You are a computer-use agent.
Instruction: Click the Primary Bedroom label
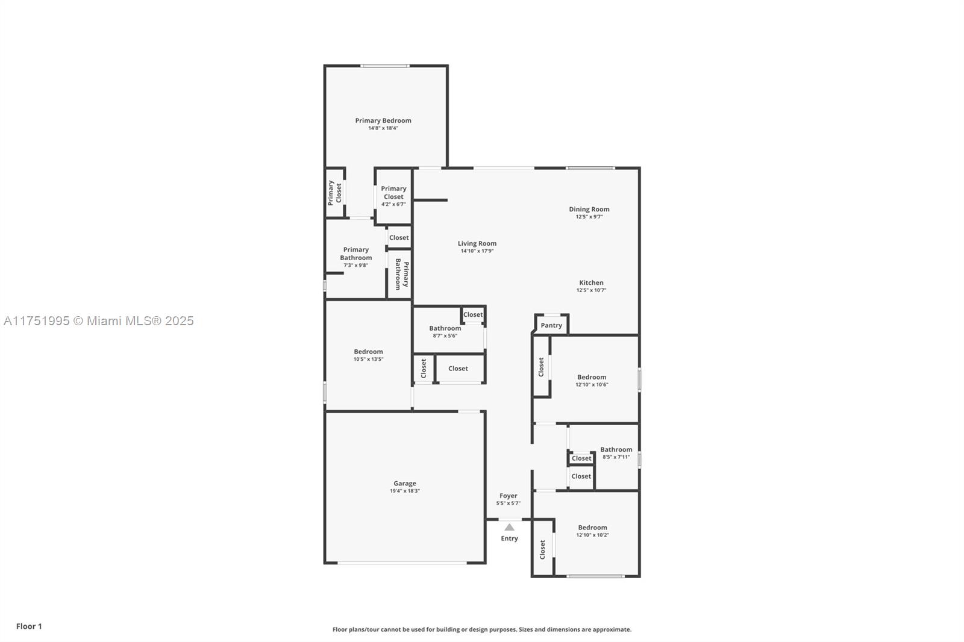(x=383, y=120)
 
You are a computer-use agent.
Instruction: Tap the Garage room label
(x=405, y=484)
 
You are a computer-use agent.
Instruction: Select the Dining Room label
(x=589, y=209)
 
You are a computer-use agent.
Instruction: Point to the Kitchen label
(x=591, y=282)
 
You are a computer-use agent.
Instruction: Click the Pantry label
(x=551, y=325)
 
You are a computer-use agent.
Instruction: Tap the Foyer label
(x=509, y=496)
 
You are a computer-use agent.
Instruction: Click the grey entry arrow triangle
(x=510, y=527)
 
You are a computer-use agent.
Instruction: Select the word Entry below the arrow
(x=510, y=539)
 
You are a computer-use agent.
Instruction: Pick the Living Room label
(x=477, y=243)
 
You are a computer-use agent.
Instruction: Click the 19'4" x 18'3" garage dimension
(x=405, y=491)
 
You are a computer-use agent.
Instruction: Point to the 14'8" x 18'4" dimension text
(x=383, y=128)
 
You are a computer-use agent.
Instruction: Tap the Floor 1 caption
(x=30, y=626)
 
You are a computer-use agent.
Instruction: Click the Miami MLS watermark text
(x=99, y=321)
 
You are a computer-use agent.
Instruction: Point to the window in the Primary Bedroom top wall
(x=385, y=66)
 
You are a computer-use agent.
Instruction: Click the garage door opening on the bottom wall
(x=402, y=563)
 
